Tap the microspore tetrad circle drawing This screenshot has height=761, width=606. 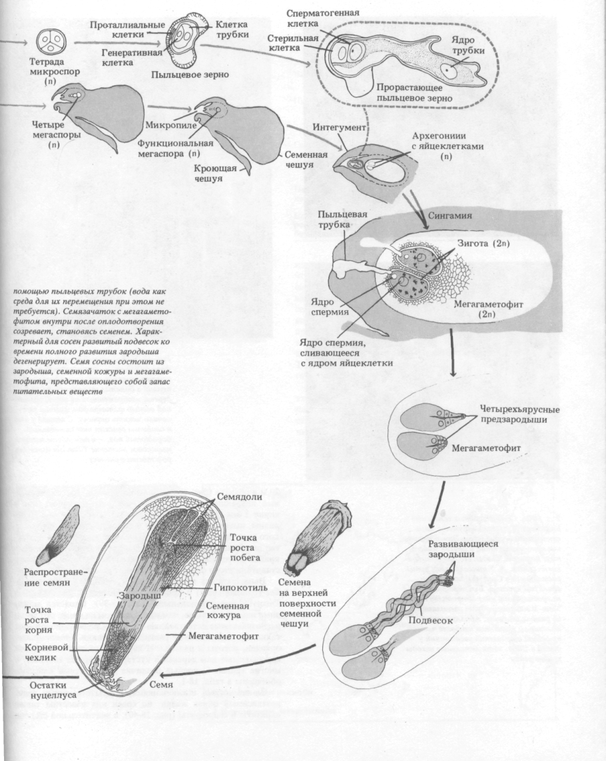tap(51, 42)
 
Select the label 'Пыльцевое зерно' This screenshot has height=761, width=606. tap(190, 75)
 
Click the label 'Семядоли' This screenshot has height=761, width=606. tap(236, 498)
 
